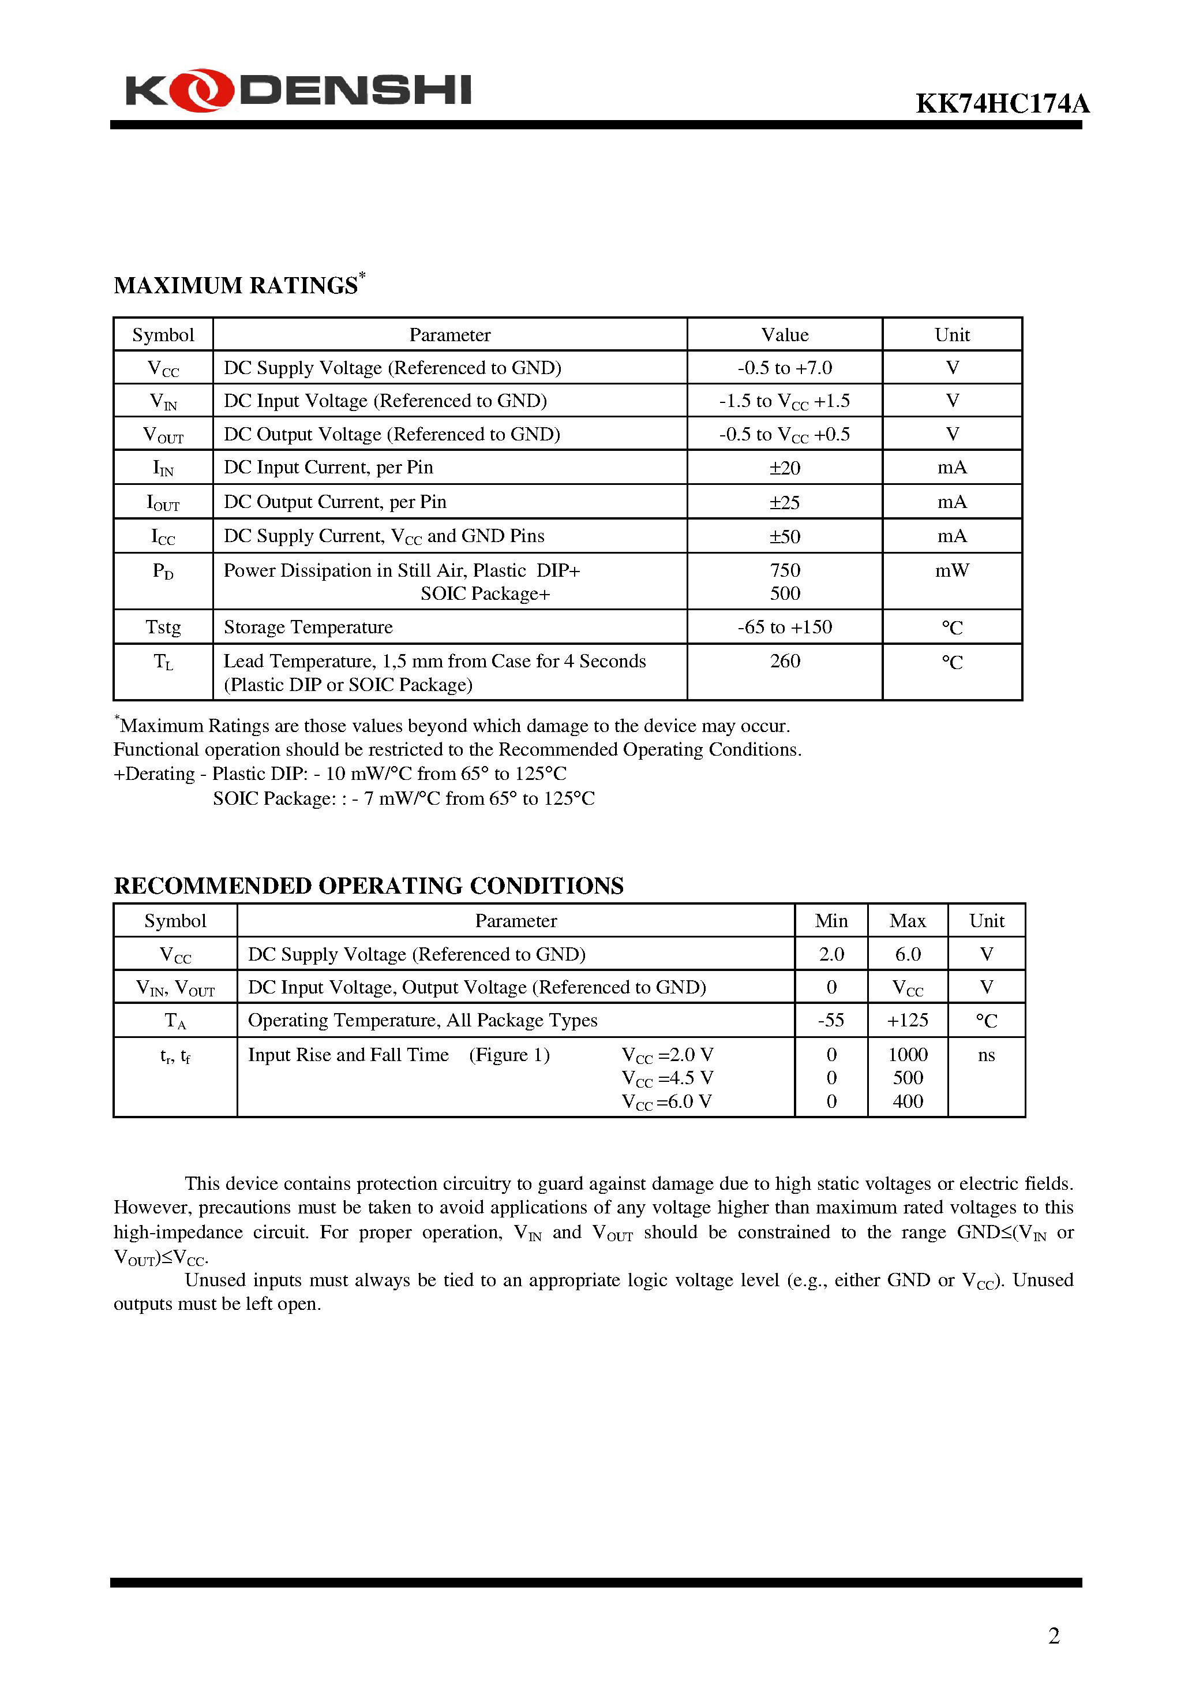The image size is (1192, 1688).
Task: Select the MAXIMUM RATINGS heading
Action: tap(236, 285)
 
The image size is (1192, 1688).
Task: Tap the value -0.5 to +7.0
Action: tap(784, 368)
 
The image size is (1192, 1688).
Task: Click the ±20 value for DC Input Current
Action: tap(784, 468)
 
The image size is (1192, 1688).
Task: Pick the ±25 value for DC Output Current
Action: tap(784, 503)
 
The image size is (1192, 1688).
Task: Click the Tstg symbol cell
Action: tap(163, 627)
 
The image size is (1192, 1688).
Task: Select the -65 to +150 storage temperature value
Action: tap(784, 627)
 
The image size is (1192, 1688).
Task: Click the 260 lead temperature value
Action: tap(784, 661)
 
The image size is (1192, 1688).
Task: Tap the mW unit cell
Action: tap(951, 570)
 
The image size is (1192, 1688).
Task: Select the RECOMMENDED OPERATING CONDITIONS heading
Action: tap(368, 886)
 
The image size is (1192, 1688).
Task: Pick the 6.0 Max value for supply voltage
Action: tap(908, 954)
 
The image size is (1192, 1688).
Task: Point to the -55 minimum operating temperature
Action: tap(831, 1021)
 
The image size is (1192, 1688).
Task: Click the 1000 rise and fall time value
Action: tap(908, 1055)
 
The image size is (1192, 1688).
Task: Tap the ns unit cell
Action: tap(986, 1055)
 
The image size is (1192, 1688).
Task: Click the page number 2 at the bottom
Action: tap(1053, 1636)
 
